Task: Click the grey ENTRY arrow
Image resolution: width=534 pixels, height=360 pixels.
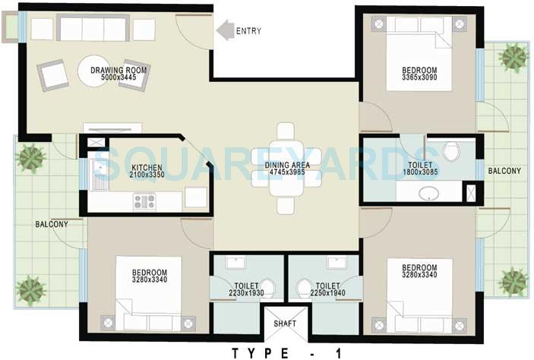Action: [224, 30]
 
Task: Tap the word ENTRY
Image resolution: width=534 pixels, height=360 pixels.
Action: [248, 31]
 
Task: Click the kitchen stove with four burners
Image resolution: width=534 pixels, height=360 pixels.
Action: [144, 201]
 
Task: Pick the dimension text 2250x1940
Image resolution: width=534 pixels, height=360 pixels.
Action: [328, 292]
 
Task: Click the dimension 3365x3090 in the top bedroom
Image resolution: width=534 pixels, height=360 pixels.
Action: [419, 80]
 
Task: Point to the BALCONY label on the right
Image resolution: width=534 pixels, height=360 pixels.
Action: [504, 171]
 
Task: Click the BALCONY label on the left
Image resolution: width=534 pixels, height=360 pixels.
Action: [51, 224]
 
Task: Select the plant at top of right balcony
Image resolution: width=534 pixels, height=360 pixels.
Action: [513, 57]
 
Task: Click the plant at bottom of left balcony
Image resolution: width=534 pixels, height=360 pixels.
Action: [30, 290]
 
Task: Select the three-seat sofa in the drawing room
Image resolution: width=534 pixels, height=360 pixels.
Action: [93, 29]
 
